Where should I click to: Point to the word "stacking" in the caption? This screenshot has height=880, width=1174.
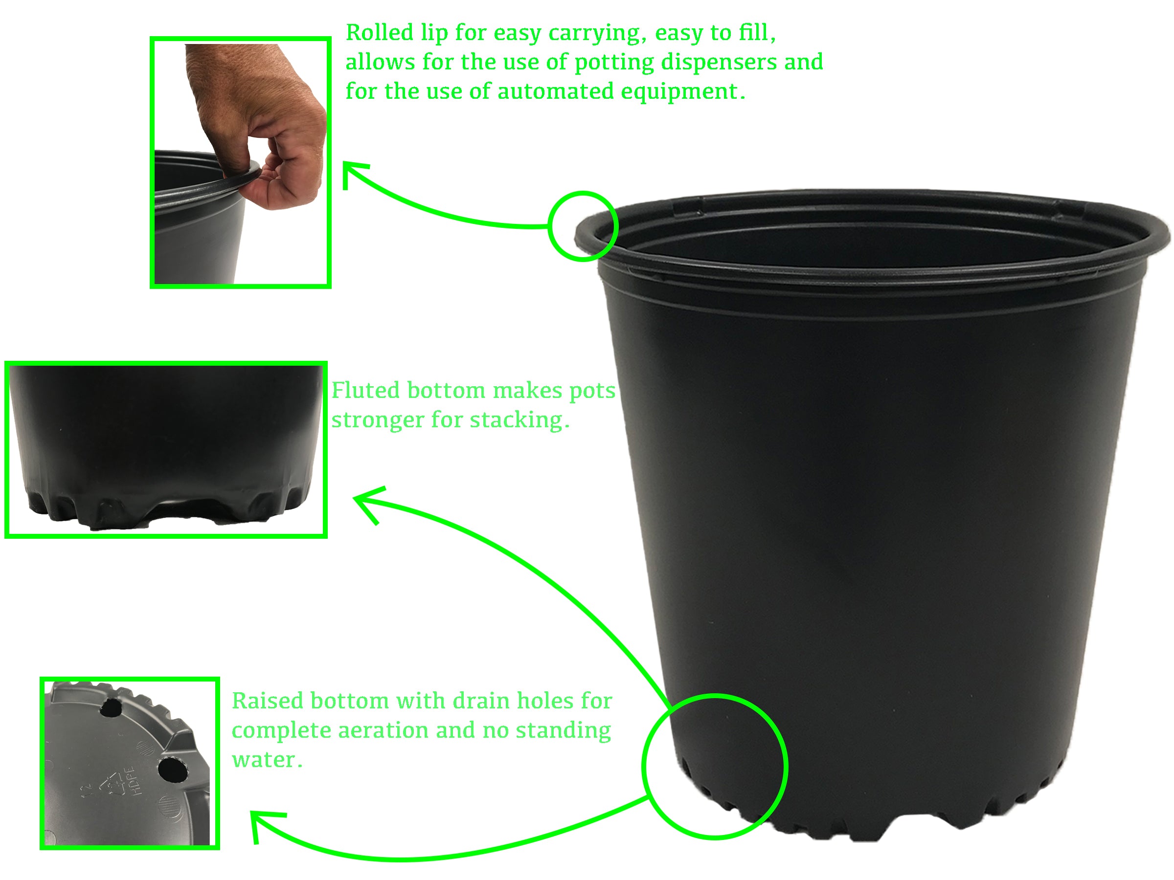tap(519, 420)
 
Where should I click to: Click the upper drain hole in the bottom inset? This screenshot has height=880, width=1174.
tap(112, 707)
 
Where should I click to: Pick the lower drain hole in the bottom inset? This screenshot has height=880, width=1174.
tap(173, 769)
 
